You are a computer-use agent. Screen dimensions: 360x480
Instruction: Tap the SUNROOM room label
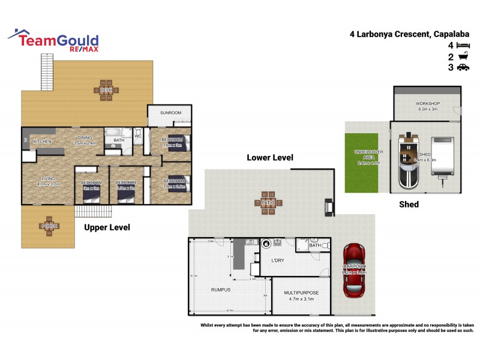pos(170,113)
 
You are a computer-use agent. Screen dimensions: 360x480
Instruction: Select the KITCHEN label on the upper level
pos(42,142)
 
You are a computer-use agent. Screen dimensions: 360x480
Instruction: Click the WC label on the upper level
pos(137,136)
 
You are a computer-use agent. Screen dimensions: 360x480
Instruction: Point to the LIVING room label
pos(48,178)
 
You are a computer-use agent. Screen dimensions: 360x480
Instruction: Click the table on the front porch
pos(49,226)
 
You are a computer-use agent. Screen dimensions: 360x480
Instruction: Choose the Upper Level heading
pos(107,228)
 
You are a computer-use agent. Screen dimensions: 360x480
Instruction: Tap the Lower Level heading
pos(270,158)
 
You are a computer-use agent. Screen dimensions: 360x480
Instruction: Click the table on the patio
pos(268,202)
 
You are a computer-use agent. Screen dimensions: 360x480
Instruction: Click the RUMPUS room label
pos(221,289)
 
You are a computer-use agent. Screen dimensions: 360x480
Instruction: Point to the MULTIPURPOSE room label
pos(301,292)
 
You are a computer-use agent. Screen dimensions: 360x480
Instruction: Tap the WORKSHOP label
pos(428,104)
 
